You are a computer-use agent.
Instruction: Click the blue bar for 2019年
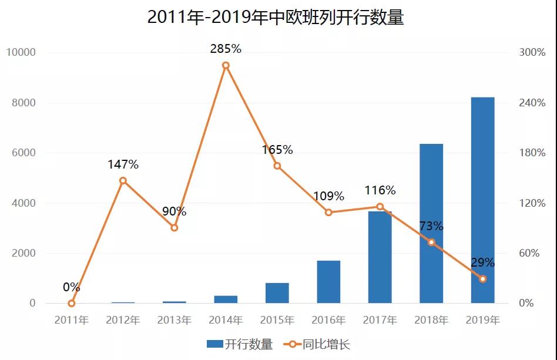tap(482, 200)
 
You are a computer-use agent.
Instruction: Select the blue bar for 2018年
tap(431, 223)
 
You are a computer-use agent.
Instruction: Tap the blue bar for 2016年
tap(328, 282)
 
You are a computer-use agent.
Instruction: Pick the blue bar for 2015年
tap(277, 293)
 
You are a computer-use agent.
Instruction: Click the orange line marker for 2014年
tap(226, 65)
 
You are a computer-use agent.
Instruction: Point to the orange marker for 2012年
tap(123, 180)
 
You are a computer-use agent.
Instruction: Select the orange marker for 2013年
tap(174, 227)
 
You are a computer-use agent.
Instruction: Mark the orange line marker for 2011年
tap(72, 303)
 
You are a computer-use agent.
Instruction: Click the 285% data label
tap(226, 49)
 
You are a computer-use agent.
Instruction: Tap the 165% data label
tap(277, 150)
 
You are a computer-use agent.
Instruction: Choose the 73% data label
tap(431, 227)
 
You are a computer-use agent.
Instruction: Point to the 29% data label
tap(482, 263)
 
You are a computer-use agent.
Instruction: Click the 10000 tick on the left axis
tap(21, 52)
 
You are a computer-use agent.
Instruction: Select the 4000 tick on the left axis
tap(24, 203)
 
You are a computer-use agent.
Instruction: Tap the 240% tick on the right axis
tap(532, 103)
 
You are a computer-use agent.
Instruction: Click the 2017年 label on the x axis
tap(380, 320)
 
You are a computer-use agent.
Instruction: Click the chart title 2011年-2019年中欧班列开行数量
tap(276, 18)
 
